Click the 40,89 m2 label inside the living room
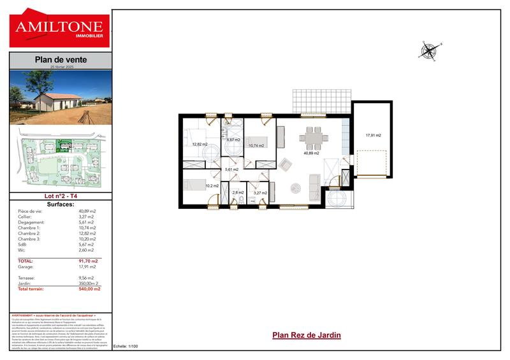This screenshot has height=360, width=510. click(x=312, y=153)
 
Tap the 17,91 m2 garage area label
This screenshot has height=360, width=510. click(x=373, y=135)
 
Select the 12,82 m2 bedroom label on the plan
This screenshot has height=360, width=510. click(x=200, y=145)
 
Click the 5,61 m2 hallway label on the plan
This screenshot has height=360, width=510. click(x=232, y=169)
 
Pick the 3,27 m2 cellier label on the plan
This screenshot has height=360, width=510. click(x=260, y=192)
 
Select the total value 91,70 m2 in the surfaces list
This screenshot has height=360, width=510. click(x=87, y=261)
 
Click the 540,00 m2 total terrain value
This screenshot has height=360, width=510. click(x=89, y=289)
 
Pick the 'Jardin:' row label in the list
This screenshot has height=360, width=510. click(x=26, y=284)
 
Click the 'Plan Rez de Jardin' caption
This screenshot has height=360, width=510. click(x=307, y=335)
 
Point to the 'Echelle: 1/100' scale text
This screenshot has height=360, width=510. click(x=126, y=346)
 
